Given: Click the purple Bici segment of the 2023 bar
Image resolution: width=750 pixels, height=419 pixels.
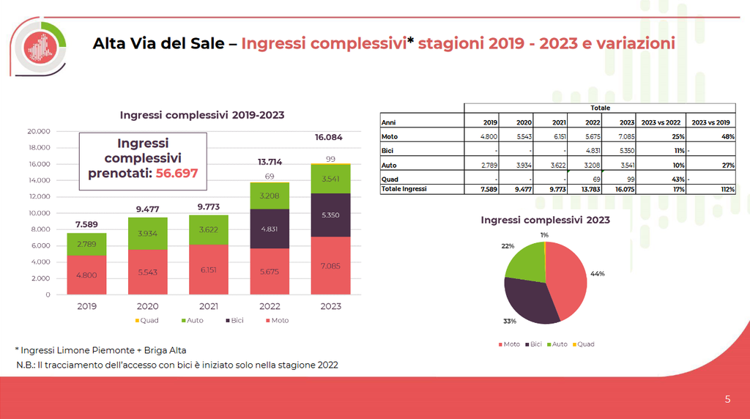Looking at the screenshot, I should [x=330, y=215].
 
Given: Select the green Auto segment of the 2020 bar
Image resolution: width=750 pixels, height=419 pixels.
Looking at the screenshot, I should [x=147, y=234].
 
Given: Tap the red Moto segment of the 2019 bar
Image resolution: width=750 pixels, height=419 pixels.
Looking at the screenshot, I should [x=86, y=275].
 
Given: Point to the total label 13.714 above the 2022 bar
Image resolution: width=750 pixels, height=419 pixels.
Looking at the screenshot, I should [x=270, y=162].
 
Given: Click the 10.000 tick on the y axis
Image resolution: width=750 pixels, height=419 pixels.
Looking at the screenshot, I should [x=38, y=213].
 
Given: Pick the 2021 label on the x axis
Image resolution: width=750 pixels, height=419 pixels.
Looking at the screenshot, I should [x=208, y=306].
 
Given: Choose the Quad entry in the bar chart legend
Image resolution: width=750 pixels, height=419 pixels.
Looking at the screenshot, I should [x=149, y=320].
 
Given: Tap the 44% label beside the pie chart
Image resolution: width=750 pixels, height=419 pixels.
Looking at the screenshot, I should [x=597, y=273].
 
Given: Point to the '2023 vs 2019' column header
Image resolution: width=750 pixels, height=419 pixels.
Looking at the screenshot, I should [x=711, y=123].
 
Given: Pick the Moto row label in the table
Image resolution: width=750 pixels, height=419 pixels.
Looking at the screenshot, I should [x=390, y=136].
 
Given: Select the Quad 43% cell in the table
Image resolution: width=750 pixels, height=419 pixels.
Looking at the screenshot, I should [x=677, y=179].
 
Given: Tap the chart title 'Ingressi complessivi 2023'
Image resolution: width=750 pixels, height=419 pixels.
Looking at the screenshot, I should [x=545, y=220].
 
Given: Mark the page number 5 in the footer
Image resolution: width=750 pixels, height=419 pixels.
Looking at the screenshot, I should [x=727, y=399].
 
